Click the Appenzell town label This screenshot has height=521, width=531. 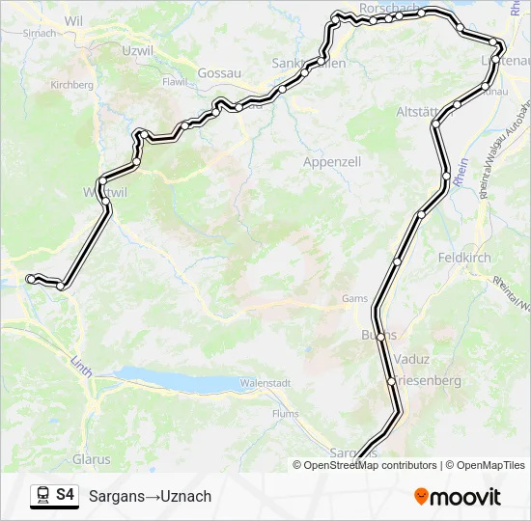pos(332,162)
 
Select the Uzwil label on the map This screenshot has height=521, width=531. pos(138,49)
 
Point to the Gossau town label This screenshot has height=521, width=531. pos(217,72)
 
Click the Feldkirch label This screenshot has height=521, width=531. pos(464,258)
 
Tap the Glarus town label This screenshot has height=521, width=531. pos(92,459)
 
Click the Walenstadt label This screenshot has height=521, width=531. pos(265,383)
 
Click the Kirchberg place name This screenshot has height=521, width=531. pos(72,85)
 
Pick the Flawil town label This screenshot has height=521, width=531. pos(175,82)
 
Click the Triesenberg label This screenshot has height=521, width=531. pos(428,381)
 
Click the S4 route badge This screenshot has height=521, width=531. pos(64,496)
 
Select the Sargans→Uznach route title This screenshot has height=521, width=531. pos(150,497)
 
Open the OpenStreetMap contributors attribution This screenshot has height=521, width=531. pos(365,465)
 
